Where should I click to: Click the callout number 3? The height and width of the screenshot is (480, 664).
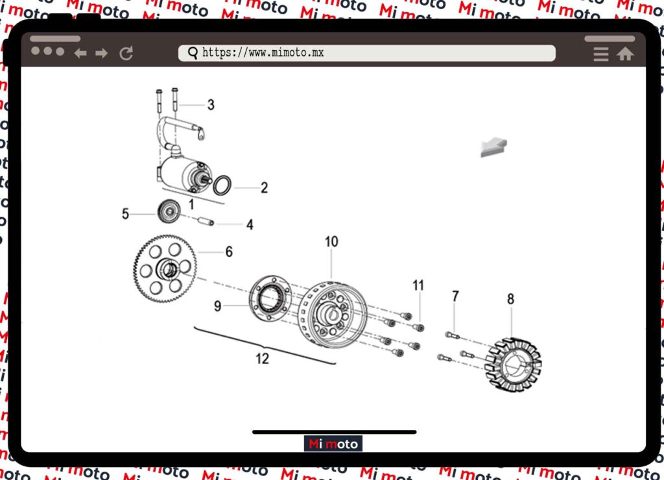(211, 104)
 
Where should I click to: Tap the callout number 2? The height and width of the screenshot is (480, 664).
(265, 187)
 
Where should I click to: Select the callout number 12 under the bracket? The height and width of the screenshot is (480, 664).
(262, 359)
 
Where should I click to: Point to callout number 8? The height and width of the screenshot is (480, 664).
(511, 299)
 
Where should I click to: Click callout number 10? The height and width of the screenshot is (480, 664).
(331, 241)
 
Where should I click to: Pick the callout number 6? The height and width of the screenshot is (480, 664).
(229, 252)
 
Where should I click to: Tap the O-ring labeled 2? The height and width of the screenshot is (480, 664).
(222, 186)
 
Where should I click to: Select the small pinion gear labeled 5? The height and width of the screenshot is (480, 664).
(169, 211)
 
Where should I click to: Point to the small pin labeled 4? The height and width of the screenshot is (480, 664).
(206, 221)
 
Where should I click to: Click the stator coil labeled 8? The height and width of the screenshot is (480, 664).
(514, 365)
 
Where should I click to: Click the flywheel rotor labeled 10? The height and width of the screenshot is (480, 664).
(333, 315)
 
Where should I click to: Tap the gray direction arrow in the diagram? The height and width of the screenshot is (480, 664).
(493, 147)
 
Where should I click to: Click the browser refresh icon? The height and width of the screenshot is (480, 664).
(126, 53)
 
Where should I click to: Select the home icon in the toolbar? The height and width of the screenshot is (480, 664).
(625, 54)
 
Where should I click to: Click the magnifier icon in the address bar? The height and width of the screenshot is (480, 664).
(193, 53)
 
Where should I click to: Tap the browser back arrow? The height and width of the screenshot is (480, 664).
(80, 53)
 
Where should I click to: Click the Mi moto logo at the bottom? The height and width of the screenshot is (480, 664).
(333, 444)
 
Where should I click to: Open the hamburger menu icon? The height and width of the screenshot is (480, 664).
(601, 54)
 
